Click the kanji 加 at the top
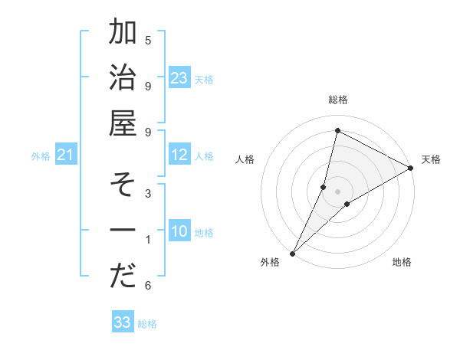pyautogui.click(x=123, y=34)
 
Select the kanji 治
pyautogui.click(x=123, y=78)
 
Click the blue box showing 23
pyautogui.click(x=179, y=78)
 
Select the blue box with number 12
pyautogui.click(x=179, y=155)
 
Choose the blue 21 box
pyautogui.click(x=66, y=155)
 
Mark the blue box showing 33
pyautogui.click(x=123, y=322)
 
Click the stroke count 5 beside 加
pyautogui.click(x=148, y=40)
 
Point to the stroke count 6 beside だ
pyautogui.click(x=148, y=286)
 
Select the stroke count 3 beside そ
pyautogui.click(x=148, y=194)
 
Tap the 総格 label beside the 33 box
pyautogui.click(x=147, y=324)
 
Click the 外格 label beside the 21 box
pyautogui.click(x=41, y=156)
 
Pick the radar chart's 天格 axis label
pyautogui.click(x=431, y=159)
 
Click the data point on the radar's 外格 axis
pyautogui.click(x=292, y=253)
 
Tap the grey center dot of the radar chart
pyautogui.click(x=337, y=191)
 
